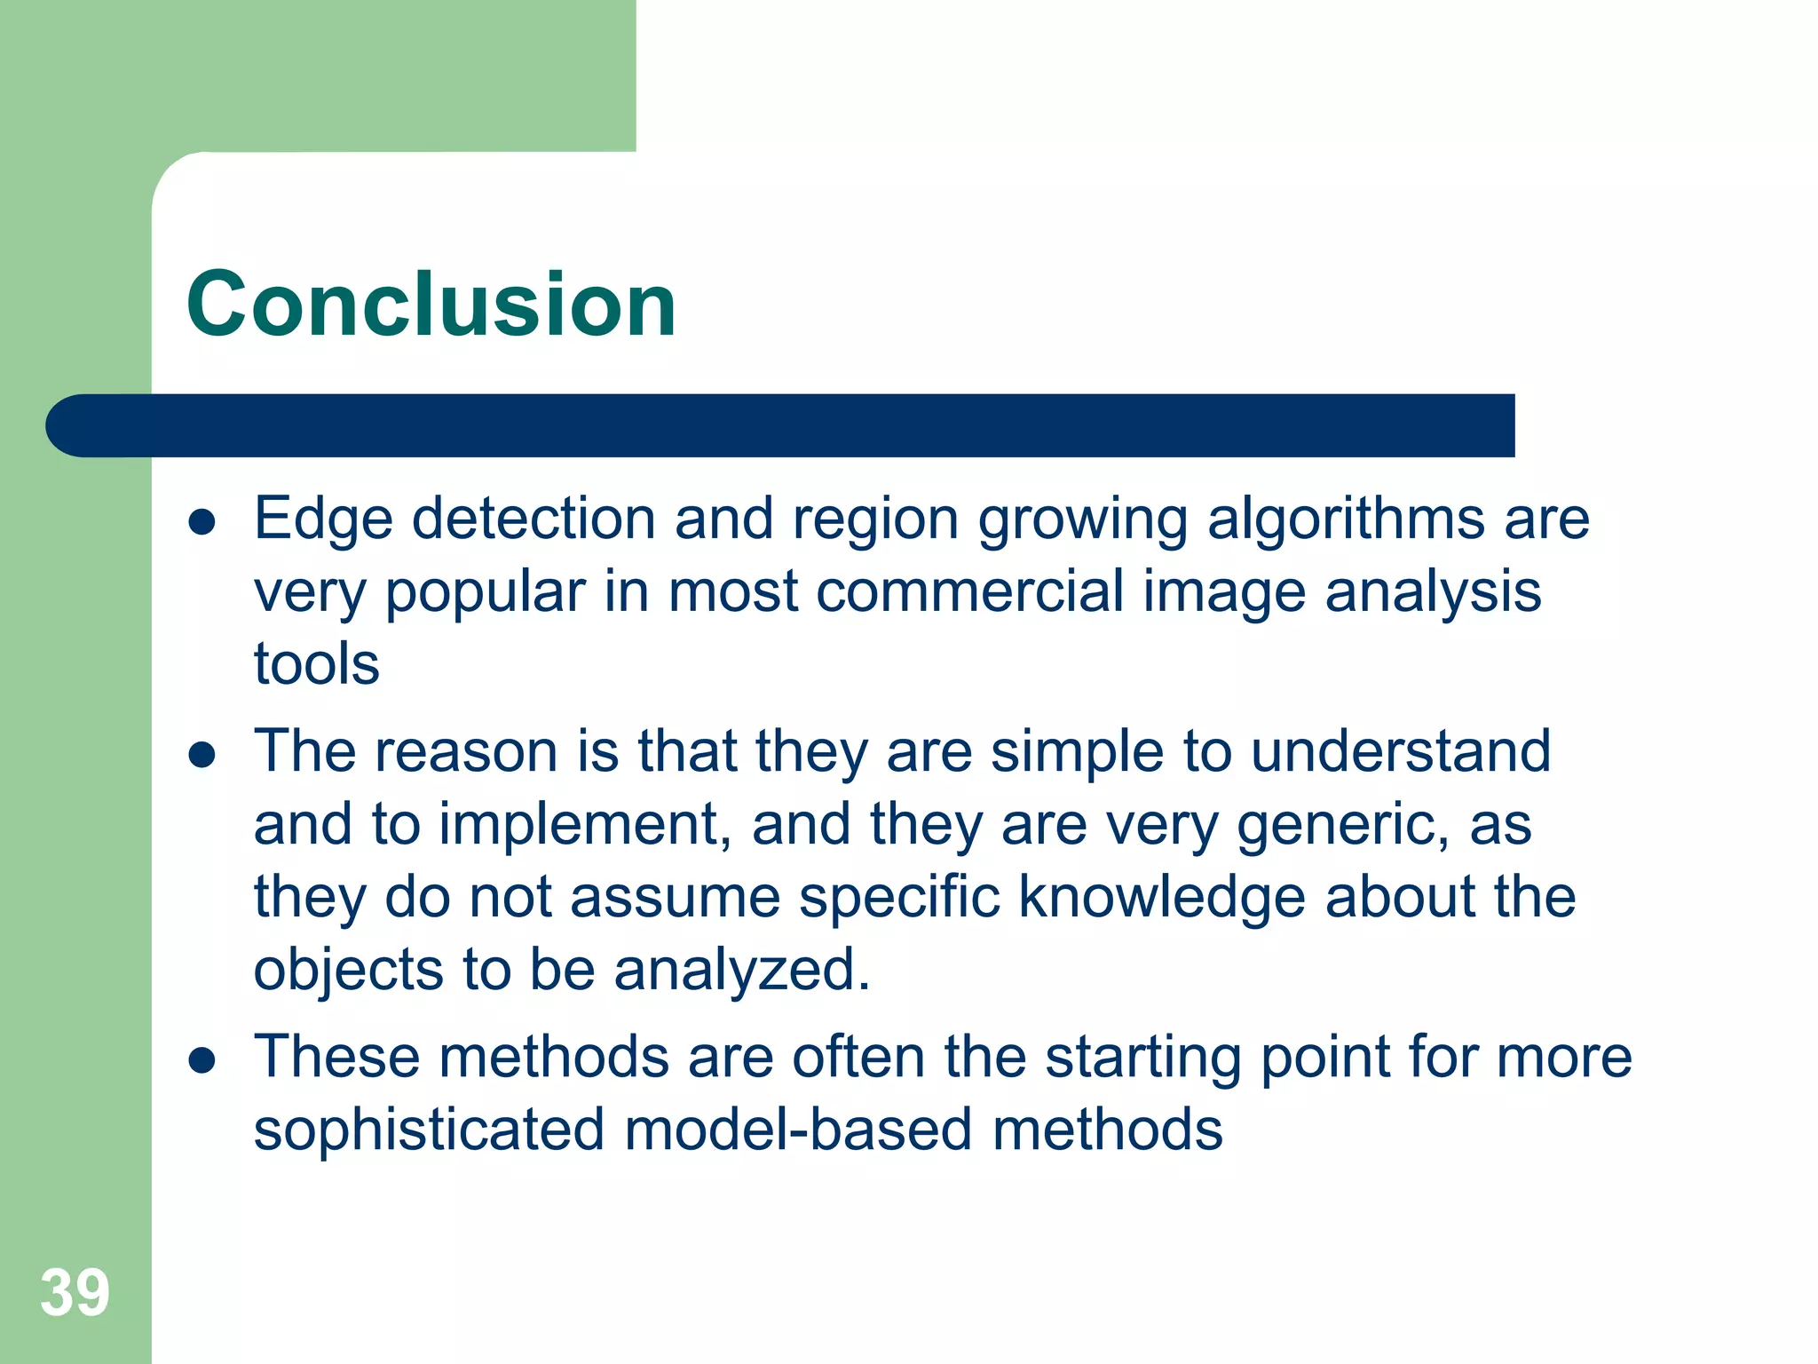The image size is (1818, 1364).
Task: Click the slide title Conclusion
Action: [x=431, y=305]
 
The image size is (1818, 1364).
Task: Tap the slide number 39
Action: [x=75, y=1293]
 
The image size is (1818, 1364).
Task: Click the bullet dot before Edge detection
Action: [x=202, y=522]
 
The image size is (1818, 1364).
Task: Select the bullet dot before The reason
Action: [x=202, y=756]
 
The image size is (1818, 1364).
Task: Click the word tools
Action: [x=316, y=664]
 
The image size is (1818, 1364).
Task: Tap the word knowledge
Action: [x=1161, y=897]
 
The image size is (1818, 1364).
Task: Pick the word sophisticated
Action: [x=430, y=1130]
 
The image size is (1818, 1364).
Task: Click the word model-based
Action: [x=798, y=1130]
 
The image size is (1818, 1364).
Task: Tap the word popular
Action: [x=485, y=591]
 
